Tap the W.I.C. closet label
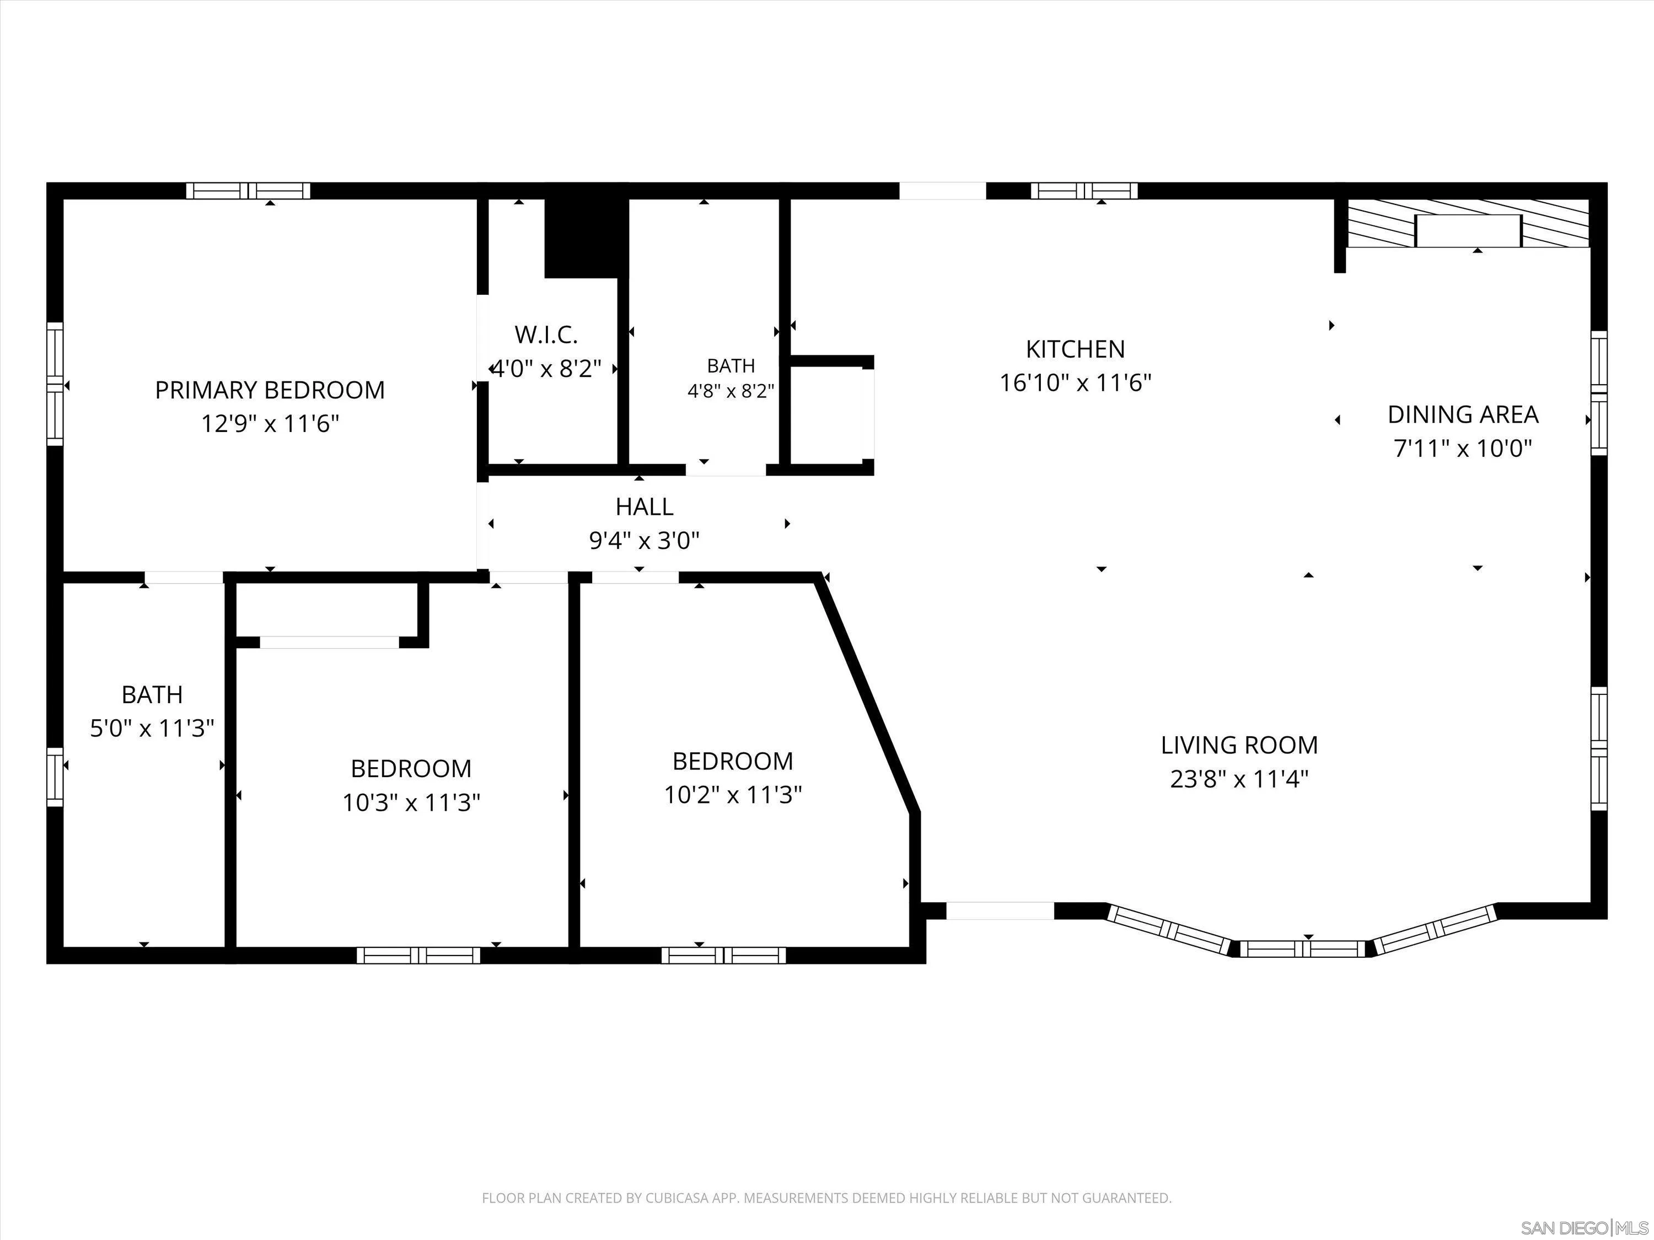pyautogui.click(x=546, y=335)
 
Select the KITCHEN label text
pyautogui.click(x=1075, y=349)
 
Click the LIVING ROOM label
pyautogui.click(x=1239, y=745)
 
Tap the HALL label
pyautogui.click(x=645, y=507)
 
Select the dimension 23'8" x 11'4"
pyautogui.click(x=1239, y=780)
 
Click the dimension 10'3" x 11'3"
pyautogui.click(x=411, y=803)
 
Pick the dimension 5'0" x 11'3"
pyautogui.click(x=153, y=728)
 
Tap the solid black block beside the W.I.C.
pyautogui.click(x=586, y=238)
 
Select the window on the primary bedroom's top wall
pyautogui.click(x=248, y=191)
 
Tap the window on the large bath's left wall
pyautogui.click(x=55, y=777)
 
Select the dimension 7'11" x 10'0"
pyautogui.click(x=1463, y=449)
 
